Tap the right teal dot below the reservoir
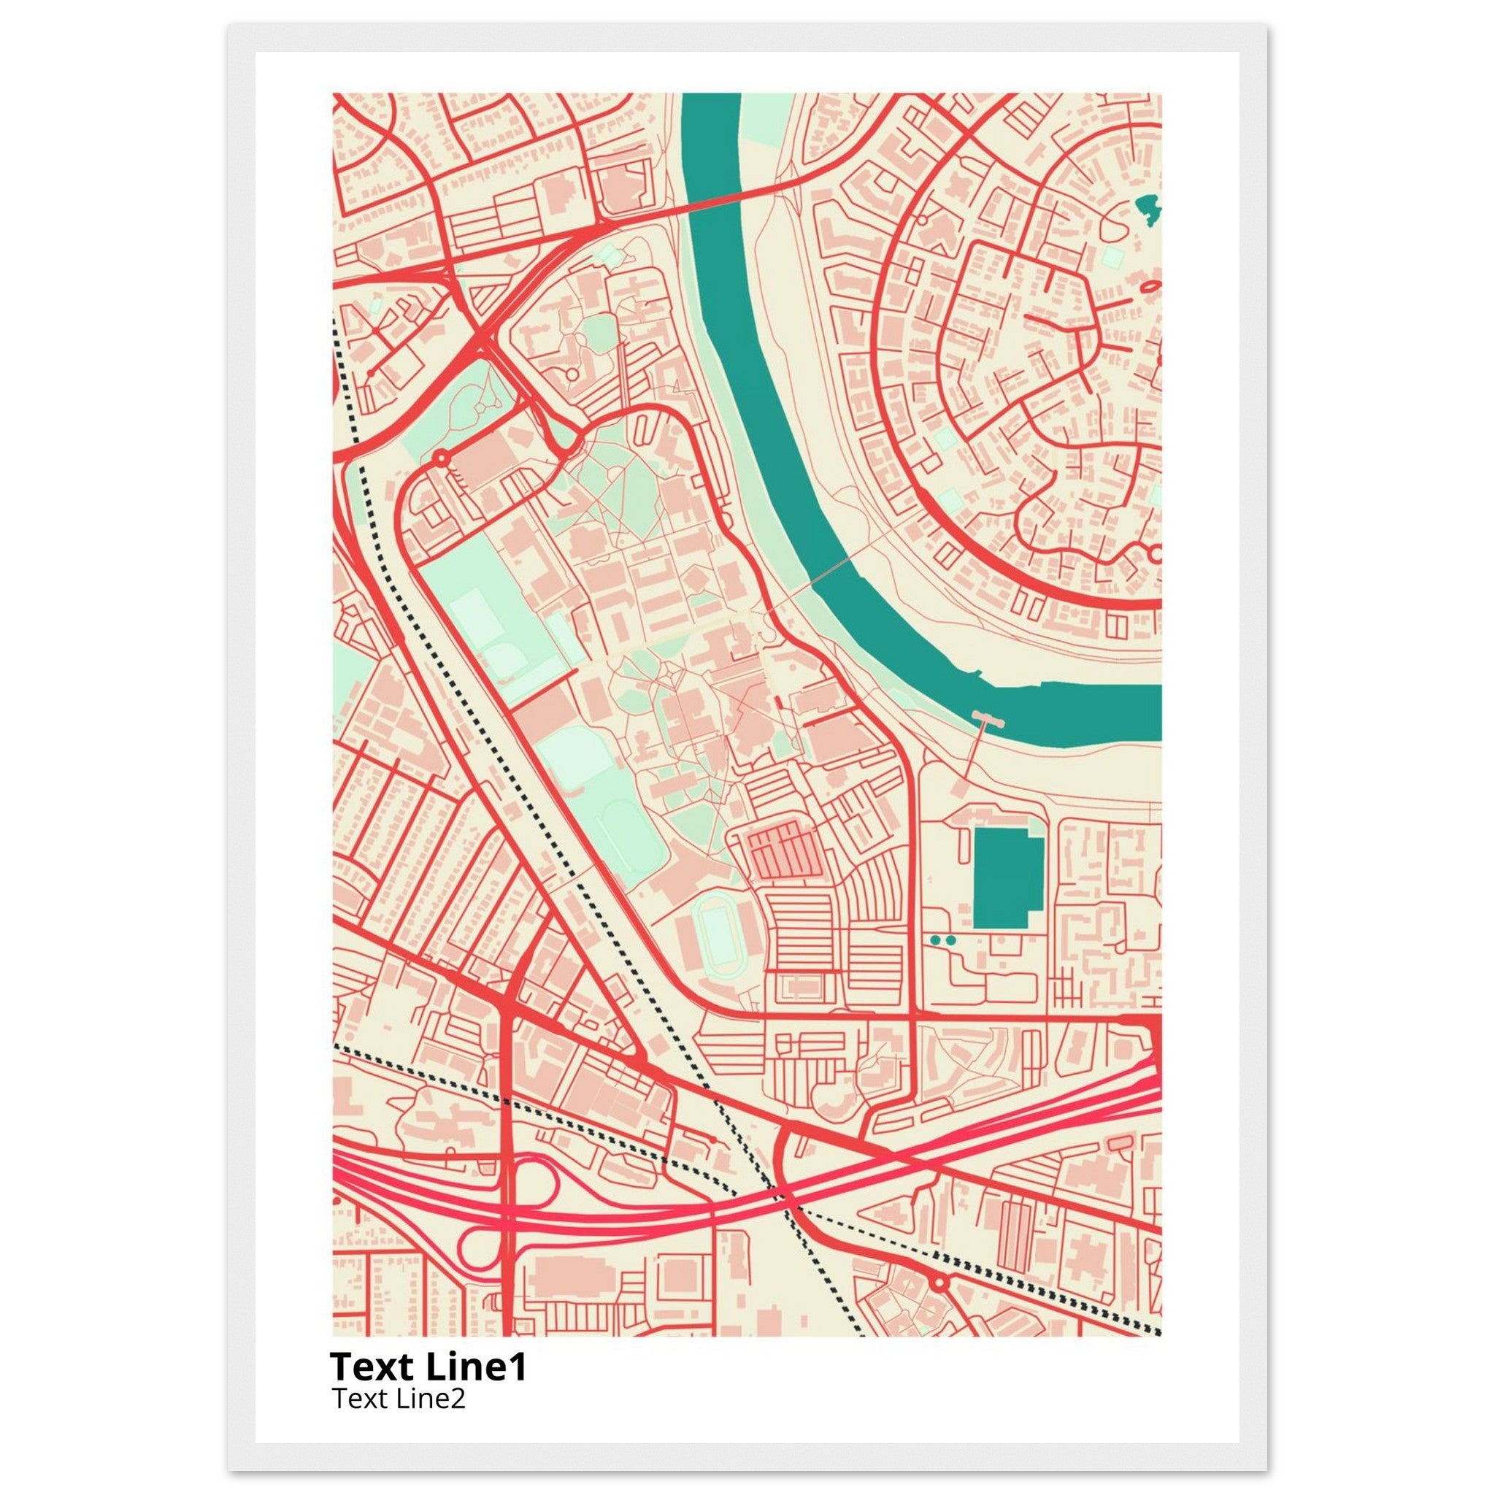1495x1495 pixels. tap(951, 939)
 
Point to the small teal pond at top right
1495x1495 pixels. tap(1148, 207)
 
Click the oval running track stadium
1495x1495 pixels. tap(718, 936)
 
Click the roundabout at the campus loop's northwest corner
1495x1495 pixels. tap(441, 459)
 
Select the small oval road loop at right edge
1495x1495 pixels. tap(1150, 286)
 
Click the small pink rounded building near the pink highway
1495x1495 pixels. tap(1119, 1144)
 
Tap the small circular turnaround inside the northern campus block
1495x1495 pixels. tap(572, 374)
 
